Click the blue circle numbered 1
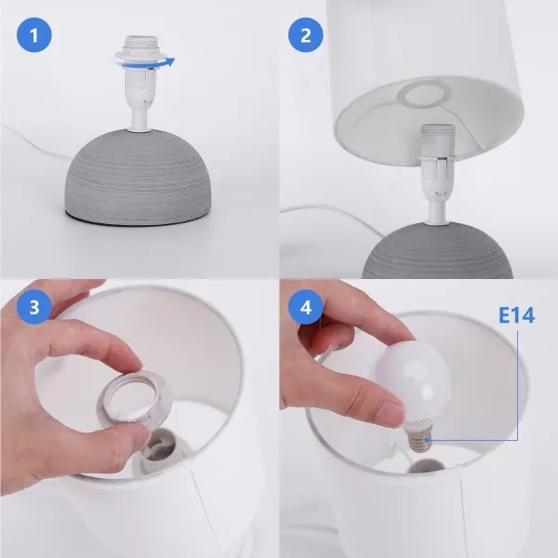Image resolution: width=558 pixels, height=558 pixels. [x=34, y=35]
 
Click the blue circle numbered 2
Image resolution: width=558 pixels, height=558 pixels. [x=306, y=35]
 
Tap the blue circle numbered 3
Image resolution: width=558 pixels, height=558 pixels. [x=34, y=306]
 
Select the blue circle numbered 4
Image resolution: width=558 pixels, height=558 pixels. [x=306, y=306]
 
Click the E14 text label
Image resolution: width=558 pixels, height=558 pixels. [x=516, y=315]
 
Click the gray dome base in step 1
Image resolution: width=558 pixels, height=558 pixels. [x=138, y=177]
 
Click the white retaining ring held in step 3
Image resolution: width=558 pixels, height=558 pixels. [x=132, y=395]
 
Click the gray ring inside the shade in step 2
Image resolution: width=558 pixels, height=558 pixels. [x=421, y=93]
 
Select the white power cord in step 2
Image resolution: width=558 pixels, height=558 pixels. [x=333, y=213]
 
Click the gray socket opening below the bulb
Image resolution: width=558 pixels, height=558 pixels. [x=426, y=466]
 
